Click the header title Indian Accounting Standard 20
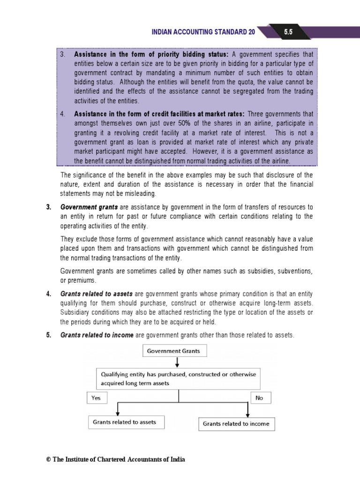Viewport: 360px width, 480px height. pos(204,32)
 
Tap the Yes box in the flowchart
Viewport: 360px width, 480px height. pos(97,397)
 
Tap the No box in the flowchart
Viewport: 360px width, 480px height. pos(259,397)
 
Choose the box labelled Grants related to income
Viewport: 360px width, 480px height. pos(236,423)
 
